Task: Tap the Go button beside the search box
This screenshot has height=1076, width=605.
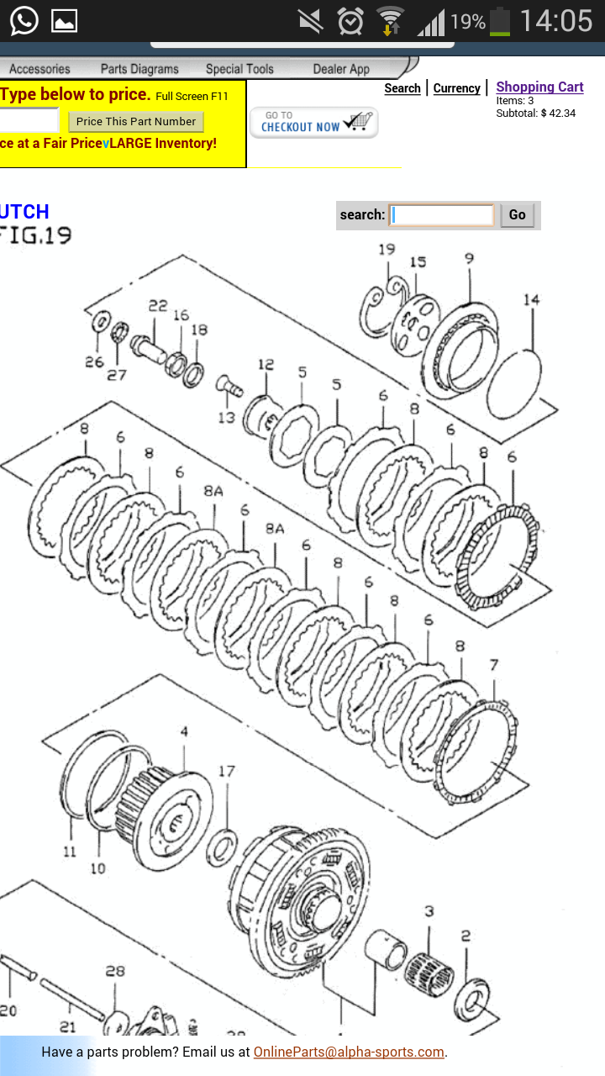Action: coord(517,214)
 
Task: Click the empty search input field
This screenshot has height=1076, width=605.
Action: coord(441,214)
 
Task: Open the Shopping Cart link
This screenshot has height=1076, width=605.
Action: coord(539,87)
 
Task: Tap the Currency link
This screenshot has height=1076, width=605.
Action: coord(456,88)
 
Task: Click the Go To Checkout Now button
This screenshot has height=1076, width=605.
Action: coord(313,123)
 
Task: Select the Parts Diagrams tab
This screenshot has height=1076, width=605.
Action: coord(139,69)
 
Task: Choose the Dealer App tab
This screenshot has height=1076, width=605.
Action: coord(341,69)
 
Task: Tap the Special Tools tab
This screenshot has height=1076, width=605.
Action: coord(239,69)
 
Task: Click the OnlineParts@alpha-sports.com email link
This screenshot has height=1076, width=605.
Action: coord(349,1052)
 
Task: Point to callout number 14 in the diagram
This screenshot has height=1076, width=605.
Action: coord(532,300)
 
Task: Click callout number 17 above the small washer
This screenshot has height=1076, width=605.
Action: coord(227,771)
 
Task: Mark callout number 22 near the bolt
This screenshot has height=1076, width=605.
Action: coord(157,305)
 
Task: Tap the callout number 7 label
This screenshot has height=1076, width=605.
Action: coord(494,665)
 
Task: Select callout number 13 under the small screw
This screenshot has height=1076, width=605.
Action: coord(227,418)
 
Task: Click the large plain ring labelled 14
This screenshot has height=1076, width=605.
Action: coord(514,384)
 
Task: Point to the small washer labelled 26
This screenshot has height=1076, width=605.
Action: coord(101,321)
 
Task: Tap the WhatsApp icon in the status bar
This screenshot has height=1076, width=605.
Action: coord(24,21)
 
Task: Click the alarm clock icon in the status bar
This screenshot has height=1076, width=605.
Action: coord(350,21)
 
